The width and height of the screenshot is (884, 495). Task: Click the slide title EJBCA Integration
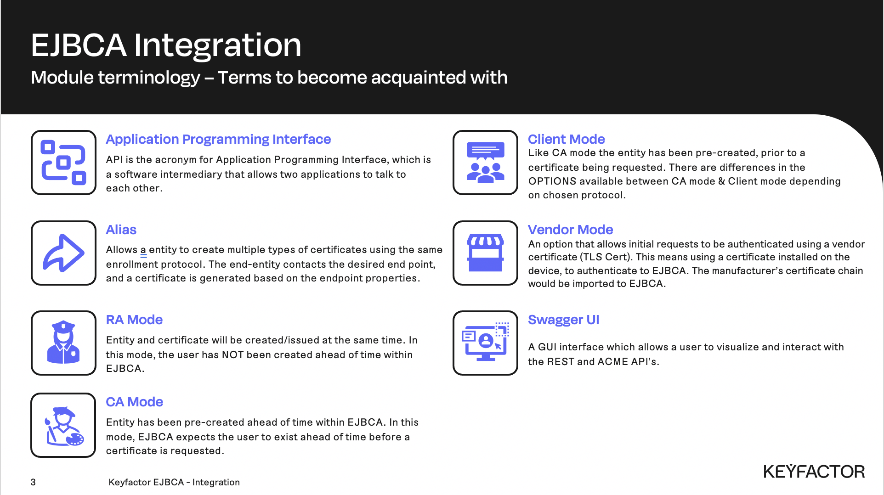click(166, 45)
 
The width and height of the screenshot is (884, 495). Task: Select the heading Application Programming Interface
click(218, 139)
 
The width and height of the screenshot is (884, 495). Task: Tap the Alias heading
click(121, 230)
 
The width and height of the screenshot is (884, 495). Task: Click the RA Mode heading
click(134, 320)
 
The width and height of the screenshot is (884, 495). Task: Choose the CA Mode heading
click(134, 402)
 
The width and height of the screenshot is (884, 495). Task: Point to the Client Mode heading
click(566, 139)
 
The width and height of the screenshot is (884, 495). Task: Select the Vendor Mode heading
click(570, 230)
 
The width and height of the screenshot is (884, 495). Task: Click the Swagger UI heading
click(563, 320)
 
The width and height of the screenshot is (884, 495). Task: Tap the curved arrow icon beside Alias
click(63, 253)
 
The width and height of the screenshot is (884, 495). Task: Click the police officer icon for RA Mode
click(63, 343)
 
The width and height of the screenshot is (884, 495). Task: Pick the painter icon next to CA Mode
click(63, 425)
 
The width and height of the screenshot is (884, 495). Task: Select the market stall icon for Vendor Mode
click(485, 253)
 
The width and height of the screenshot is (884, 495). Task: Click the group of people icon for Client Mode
click(485, 163)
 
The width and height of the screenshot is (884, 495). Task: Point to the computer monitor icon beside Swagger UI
click(485, 343)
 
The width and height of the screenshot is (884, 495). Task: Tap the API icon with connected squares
click(63, 163)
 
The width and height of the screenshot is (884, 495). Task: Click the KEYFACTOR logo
click(814, 472)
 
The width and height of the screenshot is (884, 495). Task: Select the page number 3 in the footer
click(33, 482)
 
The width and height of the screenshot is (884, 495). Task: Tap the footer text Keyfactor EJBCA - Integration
click(174, 482)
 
